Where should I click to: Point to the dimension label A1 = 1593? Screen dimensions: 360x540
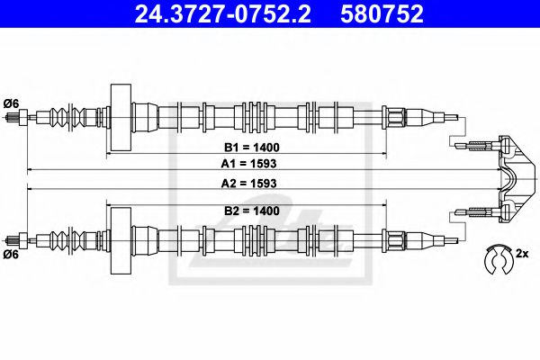[x=251, y=164]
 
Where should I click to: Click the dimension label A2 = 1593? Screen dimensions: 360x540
[x=251, y=183]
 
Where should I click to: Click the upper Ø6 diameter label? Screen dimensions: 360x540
[x=12, y=101]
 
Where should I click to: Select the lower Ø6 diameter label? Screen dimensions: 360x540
[x=12, y=255]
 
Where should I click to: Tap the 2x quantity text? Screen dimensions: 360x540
[x=521, y=256]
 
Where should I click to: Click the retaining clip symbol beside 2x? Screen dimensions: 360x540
[x=494, y=259]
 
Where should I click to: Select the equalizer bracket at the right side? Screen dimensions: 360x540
[x=508, y=175]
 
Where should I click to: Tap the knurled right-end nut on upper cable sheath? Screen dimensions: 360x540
[x=396, y=116]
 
